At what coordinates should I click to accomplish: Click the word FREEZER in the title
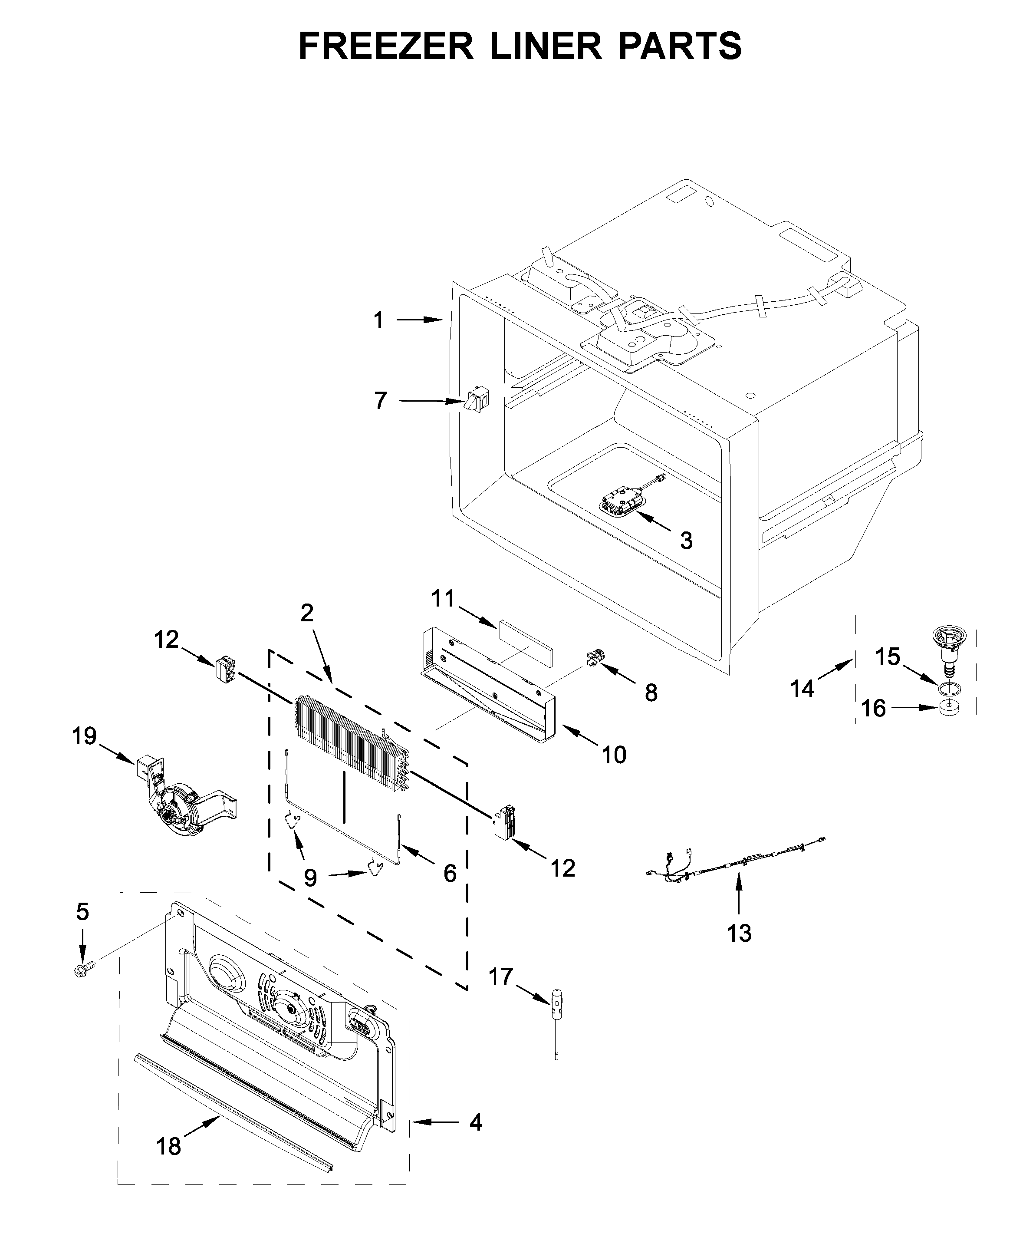(386, 46)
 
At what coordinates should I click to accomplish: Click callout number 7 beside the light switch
(381, 401)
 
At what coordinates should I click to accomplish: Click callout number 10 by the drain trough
(614, 755)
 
